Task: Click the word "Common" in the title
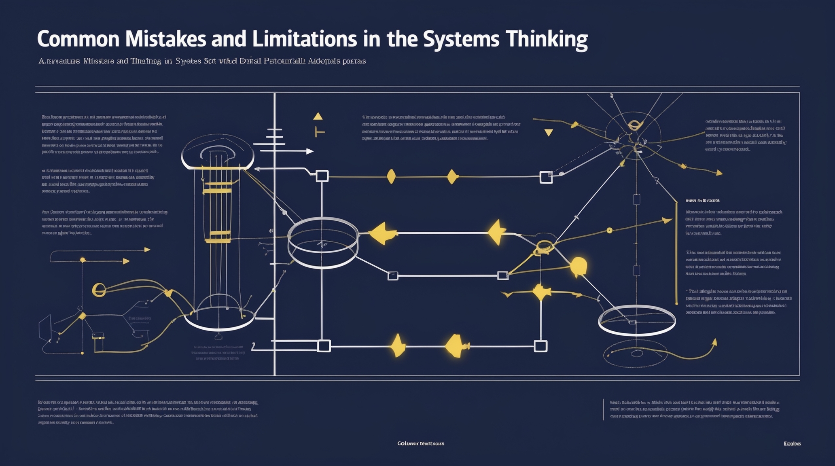tap(78, 39)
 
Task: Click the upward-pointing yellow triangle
tap(318, 116)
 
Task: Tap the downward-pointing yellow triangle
tap(549, 132)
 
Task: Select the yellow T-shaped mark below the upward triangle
tap(319, 132)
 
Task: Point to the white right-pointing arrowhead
tap(309, 151)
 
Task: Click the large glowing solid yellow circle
tap(579, 266)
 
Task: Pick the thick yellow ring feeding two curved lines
tap(99, 289)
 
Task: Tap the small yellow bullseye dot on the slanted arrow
tap(609, 231)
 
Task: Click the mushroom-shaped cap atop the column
tap(217, 153)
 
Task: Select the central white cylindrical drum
tap(322, 242)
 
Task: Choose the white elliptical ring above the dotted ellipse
tap(636, 320)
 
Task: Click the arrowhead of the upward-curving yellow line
tap(714, 342)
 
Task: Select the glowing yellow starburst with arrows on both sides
tap(541, 292)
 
